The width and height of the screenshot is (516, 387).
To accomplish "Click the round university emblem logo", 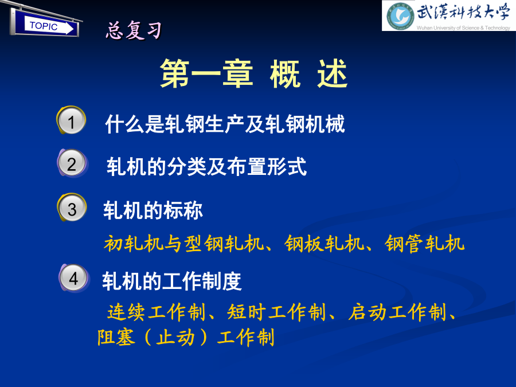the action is pos(400,16).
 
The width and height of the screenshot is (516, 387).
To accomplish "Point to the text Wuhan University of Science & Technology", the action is pos(463,28).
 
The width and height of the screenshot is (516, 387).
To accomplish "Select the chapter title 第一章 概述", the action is pos(254,74).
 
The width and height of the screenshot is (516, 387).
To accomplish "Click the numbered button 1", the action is pos(72,120).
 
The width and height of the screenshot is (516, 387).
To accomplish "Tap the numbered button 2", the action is pos(72,163).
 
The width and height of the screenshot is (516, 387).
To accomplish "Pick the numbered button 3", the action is pos(72,208).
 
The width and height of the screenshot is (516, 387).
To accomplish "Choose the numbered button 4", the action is pos(74,279).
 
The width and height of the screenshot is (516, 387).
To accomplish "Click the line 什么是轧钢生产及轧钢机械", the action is pos(225,124).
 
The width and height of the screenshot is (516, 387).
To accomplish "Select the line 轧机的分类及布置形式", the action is pos(206,166).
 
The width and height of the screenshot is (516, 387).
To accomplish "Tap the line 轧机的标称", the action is pos(153,210).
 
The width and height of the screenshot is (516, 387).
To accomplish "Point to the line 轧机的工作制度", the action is pos(172,282).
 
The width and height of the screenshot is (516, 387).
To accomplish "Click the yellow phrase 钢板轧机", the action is pos(325,244).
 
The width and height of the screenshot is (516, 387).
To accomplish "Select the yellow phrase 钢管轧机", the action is pos(424,244).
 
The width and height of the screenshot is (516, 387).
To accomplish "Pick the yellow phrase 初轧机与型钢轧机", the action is pos(184,244).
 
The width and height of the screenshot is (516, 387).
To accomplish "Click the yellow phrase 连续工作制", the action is pos(157,312).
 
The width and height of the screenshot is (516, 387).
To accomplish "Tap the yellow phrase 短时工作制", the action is pos(276,312).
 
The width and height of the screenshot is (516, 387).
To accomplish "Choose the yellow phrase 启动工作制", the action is pos(397,312).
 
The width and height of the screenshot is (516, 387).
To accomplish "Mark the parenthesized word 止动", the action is pos(175,337).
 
